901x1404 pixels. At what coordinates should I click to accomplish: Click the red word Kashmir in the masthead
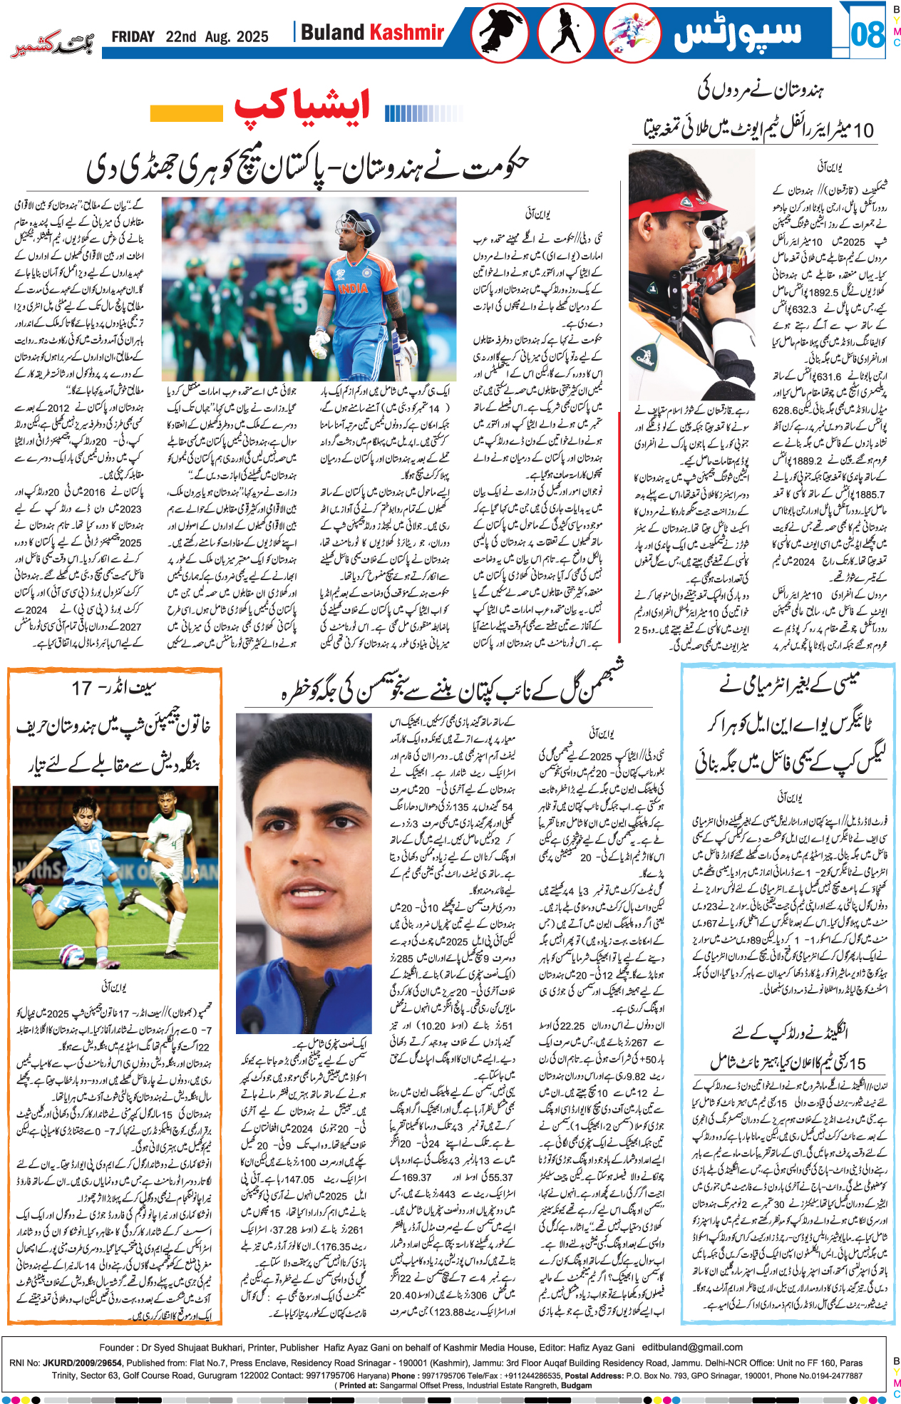click(x=406, y=32)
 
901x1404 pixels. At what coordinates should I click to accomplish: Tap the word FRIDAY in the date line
click(x=133, y=36)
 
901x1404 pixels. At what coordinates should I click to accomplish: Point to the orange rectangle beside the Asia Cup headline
click(x=187, y=113)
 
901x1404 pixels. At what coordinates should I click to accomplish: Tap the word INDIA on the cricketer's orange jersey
click(x=352, y=289)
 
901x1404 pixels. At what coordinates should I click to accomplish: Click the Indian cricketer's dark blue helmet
click(x=357, y=223)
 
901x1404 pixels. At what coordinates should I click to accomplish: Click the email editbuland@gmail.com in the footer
click(x=692, y=1347)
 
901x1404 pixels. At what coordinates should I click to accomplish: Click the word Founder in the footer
click(x=117, y=1347)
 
